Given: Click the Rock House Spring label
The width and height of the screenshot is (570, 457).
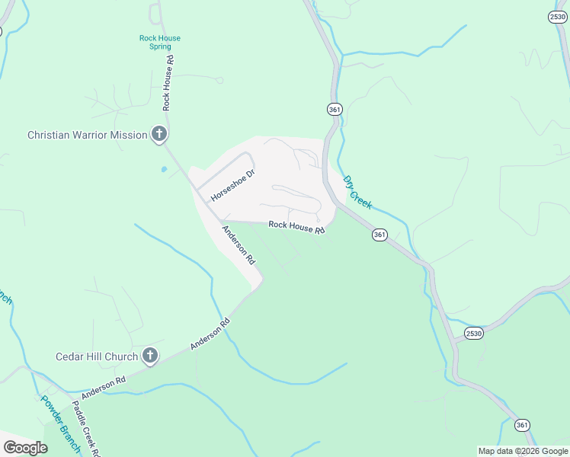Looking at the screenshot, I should pos(160,42).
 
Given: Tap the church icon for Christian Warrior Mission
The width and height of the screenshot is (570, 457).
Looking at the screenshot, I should pos(159,135).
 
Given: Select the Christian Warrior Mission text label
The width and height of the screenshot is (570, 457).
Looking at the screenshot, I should pos(87,135).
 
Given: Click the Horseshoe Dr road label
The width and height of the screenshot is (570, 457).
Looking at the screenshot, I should pos(232,185).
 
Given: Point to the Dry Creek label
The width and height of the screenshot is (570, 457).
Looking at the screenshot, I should pos(357,193).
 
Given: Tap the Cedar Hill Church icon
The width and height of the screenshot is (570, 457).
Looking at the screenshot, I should pos(150,356).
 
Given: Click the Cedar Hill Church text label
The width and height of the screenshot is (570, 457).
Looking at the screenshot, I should pos(97,356).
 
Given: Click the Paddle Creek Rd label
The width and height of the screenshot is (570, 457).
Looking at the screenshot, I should pos(87,430).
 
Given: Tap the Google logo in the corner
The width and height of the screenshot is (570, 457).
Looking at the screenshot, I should pos(25,447).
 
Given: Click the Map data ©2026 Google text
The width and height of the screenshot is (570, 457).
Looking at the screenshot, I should pos(524,451).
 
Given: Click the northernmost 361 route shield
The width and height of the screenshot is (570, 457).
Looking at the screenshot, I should pos(335,109).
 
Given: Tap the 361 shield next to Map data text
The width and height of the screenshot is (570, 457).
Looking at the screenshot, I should pos(522,424).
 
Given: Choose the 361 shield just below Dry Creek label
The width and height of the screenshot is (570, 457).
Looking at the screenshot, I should pos(379,235).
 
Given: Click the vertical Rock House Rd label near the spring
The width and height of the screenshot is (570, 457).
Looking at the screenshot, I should pos(168,83).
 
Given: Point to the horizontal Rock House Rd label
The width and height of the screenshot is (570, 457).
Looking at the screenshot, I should pos(296,227).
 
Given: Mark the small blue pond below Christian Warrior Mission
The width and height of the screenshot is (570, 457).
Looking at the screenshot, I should pos(163,168).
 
